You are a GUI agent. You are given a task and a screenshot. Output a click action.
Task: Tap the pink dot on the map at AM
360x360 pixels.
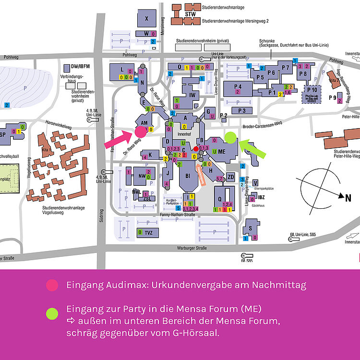tap(141, 132)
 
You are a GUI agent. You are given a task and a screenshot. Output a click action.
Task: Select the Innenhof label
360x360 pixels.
tap(184, 134)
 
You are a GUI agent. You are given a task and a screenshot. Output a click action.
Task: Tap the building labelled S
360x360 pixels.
tap(250, 228)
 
